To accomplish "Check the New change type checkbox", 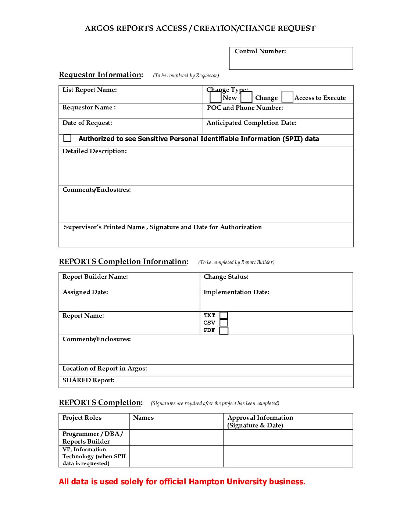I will click(x=215, y=97).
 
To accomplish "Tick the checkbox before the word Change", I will click(x=246, y=97).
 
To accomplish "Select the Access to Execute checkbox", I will click(x=287, y=97).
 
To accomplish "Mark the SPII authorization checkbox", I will click(x=67, y=138).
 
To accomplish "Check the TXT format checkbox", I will click(x=224, y=315).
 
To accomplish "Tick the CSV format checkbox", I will click(x=224, y=323).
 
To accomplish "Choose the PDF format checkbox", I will click(x=224, y=330).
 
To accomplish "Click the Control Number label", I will click(x=260, y=51).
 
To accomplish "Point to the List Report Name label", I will click(x=89, y=90).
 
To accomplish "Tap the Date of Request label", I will click(x=87, y=123).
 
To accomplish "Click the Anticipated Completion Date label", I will click(x=251, y=123).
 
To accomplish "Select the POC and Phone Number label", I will click(x=245, y=108).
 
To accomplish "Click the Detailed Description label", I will click(x=94, y=151).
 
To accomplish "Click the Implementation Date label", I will click(x=236, y=292).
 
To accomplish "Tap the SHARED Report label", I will click(x=88, y=380).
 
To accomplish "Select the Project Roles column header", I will click(x=82, y=418).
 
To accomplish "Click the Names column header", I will click(x=143, y=418).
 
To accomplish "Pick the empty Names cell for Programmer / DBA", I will click(x=176, y=438).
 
